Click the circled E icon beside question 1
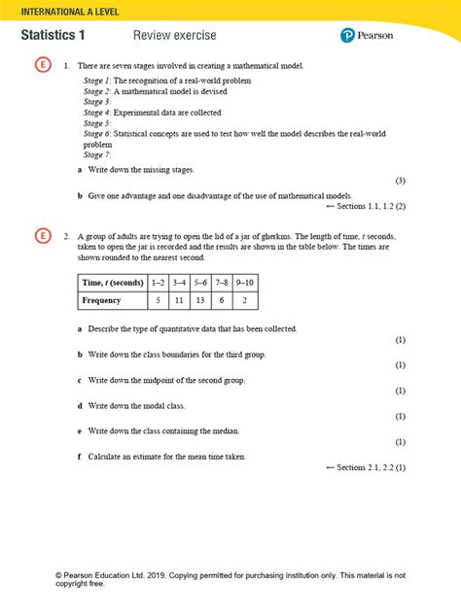(42, 66)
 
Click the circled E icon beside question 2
(42, 236)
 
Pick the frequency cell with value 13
(200, 301)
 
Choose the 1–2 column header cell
(159, 282)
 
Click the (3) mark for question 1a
(400, 182)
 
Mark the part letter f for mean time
(80, 456)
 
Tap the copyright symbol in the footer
(60, 575)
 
